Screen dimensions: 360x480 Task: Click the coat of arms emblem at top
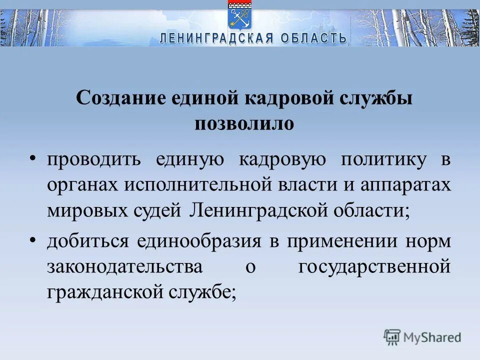click(x=240, y=15)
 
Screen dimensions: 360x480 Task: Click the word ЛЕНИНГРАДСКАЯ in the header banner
click(x=217, y=38)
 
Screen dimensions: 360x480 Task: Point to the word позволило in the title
click(x=244, y=123)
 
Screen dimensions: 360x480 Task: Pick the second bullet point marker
click(x=32, y=241)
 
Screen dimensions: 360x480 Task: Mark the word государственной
click(x=374, y=266)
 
